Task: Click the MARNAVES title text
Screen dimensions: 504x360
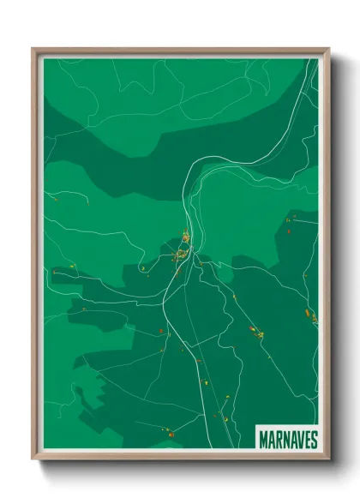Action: point(288,440)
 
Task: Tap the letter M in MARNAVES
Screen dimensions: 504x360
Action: point(262,440)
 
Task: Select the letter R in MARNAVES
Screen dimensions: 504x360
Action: point(277,440)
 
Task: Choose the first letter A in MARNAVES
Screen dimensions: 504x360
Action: point(270,440)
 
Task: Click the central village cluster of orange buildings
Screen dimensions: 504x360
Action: point(183,253)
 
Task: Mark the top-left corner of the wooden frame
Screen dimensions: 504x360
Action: point(33,49)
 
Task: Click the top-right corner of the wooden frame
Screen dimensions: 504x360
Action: point(328,49)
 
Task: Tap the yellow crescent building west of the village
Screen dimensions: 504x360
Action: point(142,268)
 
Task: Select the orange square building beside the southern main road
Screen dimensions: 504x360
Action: point(159,331)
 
